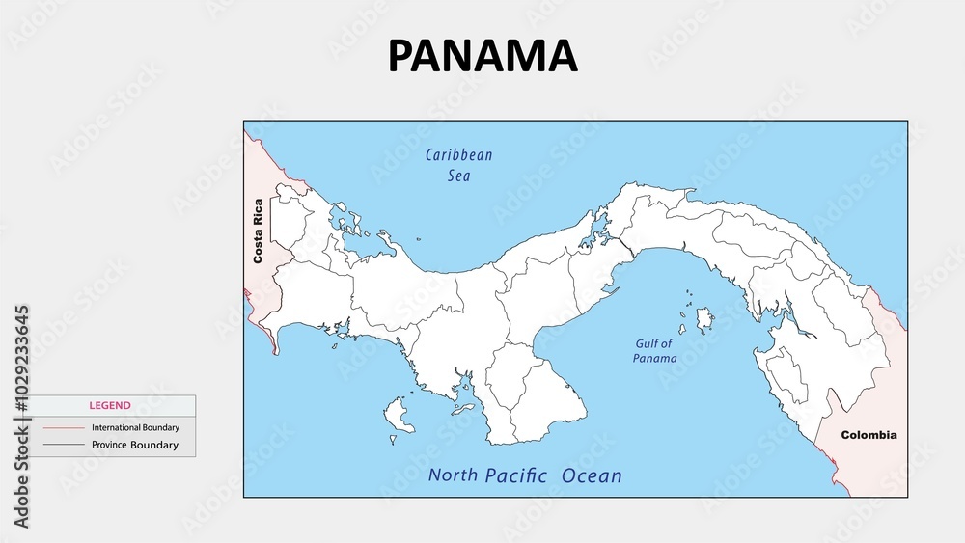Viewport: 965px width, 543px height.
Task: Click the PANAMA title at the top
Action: (x=482, y=56)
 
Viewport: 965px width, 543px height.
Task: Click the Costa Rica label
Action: (x=258, y=231)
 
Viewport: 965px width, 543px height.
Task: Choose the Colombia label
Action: (x=868, y=435)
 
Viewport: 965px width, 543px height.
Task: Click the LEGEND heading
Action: (x=110, y=406)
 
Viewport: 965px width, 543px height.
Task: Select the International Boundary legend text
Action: (x=135, y=427)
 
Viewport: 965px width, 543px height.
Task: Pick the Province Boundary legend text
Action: (x=135, y=446)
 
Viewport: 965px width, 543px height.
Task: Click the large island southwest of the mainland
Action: (x=397, y=415)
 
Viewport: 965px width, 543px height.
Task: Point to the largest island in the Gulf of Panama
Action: (x=705, y=317)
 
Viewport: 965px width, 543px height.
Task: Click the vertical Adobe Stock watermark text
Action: (x=21, y=417)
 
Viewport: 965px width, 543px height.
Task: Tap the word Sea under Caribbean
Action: (x=458, y=176)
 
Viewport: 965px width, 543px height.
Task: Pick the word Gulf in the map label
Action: (x=648, y=343)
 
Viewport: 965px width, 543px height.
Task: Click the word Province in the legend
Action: (x=110, y=446)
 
